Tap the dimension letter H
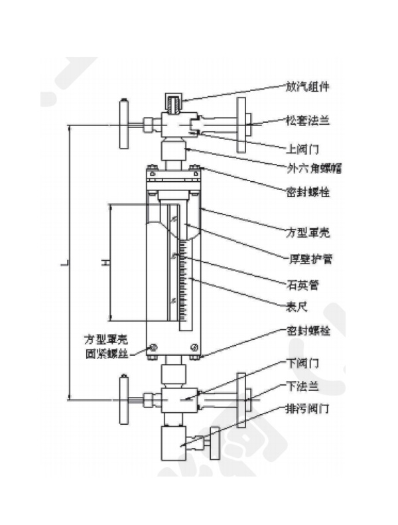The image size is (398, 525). pos(103,264)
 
